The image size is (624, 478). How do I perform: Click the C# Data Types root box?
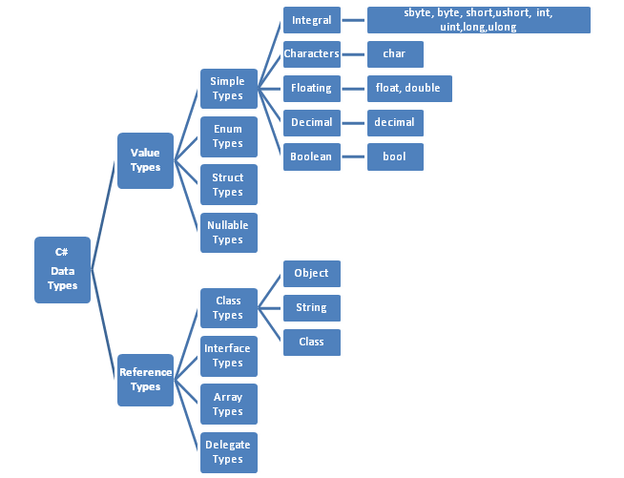click(x=62, y=270)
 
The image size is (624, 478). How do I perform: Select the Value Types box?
click(x=145, y=160)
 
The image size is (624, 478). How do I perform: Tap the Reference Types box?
click(x=145, y=380)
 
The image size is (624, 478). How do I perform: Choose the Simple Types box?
click(x=228, y=89)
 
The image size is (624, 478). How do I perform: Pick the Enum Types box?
click(x=228, y=136)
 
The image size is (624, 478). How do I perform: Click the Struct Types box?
click(x=228, y=185)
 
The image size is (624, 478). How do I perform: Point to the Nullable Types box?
click(x=228, y=233)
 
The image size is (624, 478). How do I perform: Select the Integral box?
click(x=312, y=20)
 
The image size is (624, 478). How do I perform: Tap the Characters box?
click(x=312, y=54)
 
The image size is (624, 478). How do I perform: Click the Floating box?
click(x=312, y=89)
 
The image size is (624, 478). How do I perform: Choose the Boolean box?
click(x=312, y=156)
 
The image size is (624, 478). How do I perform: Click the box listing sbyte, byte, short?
click(x=479, y=20)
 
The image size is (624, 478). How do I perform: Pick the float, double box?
click(x=409, y=89)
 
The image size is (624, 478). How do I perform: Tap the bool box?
click(x=395, y=156)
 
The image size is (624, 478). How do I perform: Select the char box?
click(x=395, y=54)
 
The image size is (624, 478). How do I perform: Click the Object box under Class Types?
click(x=312, y=274)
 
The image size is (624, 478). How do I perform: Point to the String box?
click(x=312, y=308)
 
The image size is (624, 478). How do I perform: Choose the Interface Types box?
click(x=228, y=356)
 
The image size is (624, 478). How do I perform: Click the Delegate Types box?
click(x=228, y=452)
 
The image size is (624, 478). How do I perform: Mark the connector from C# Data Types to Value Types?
click(x=104, y=215)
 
